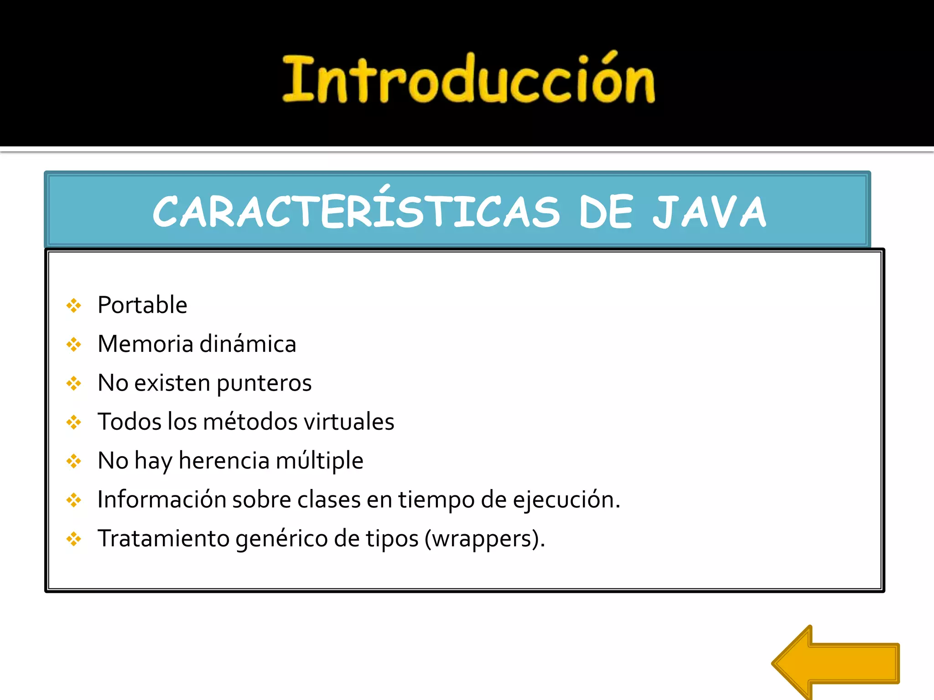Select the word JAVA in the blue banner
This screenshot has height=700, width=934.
709,211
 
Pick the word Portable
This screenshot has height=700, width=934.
142,305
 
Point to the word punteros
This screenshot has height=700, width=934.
264,383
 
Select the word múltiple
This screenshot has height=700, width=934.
319,461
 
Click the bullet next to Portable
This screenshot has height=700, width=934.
73,305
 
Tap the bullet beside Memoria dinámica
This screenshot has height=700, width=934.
73,345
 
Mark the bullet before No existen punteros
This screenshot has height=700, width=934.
73,383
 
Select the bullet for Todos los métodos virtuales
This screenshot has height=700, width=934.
73,422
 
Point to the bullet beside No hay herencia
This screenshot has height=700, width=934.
73,461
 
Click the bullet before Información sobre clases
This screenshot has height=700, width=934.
73,500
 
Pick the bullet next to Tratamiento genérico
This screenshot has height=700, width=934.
73,540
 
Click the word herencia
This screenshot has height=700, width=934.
224,461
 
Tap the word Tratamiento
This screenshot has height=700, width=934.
163,539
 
